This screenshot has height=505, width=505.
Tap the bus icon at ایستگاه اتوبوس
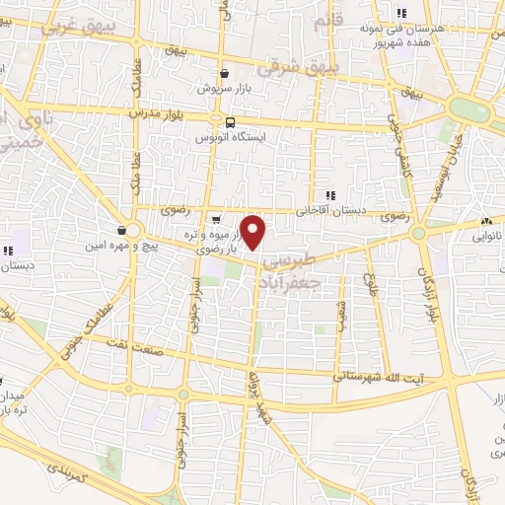(x=229, y=123)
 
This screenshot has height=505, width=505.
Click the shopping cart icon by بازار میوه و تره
(x=216, y=218)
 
